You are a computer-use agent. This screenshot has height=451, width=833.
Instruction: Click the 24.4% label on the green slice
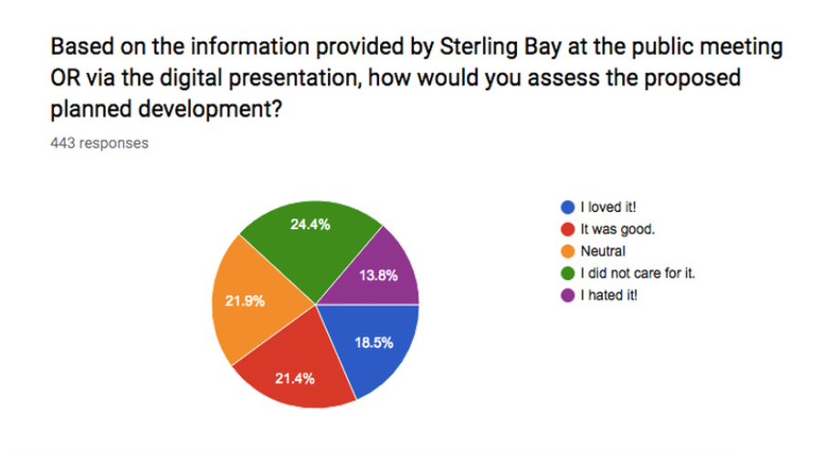311,225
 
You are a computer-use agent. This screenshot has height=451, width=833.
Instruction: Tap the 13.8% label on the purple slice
378,275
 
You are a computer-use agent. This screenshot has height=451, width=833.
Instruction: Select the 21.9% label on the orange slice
245,301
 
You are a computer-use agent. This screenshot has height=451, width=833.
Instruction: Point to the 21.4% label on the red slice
295,379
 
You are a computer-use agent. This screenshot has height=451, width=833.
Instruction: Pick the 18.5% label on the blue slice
374,342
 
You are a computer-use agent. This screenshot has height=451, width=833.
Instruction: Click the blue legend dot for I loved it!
568,207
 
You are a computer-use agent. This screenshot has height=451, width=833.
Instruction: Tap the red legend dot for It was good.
568,229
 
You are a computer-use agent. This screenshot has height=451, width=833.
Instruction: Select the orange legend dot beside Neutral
568,251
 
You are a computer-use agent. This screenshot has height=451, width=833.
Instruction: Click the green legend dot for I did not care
568,274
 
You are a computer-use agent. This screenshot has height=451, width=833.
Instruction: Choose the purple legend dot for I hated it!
568,296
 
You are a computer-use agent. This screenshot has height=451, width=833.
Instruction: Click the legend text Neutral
603,251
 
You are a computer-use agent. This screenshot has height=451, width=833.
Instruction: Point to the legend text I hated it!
609,296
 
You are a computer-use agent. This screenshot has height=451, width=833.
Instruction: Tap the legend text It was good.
617,229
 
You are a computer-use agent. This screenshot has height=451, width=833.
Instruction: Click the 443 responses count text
100,143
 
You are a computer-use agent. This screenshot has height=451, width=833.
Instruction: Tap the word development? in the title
210,110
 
